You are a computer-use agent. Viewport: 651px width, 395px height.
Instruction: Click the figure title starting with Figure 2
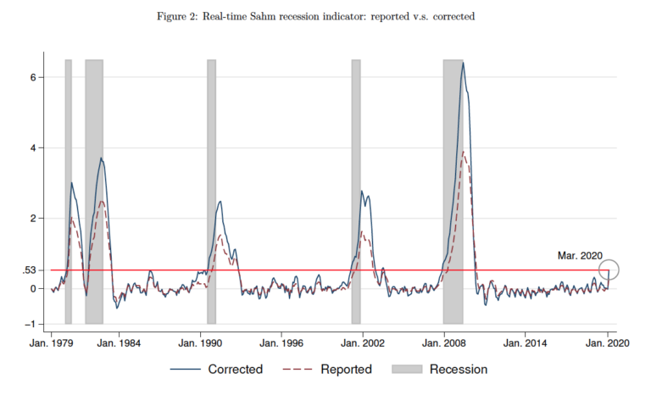pos(325,16)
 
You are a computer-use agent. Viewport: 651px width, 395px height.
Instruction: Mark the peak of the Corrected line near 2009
pos(463,63)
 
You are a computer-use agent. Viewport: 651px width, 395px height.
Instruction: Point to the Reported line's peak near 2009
pos(463,153)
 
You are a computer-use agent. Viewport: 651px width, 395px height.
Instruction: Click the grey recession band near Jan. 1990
pos(212,191)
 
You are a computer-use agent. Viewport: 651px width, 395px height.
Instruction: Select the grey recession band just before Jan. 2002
pos(356,191)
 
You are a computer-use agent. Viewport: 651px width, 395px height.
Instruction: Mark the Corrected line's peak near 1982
pos(101,158)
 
